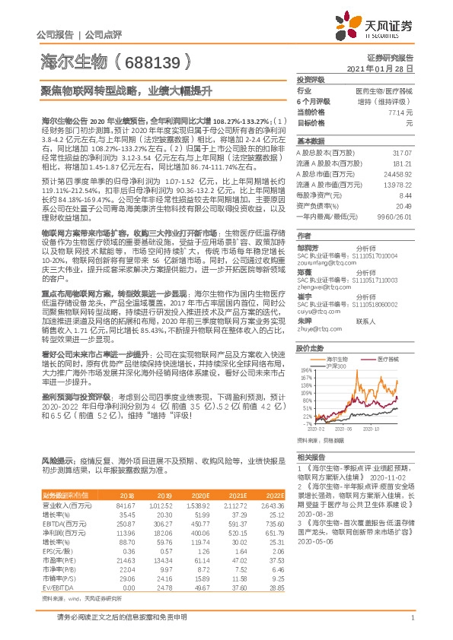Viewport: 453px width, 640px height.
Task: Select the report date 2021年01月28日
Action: point(382,68)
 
